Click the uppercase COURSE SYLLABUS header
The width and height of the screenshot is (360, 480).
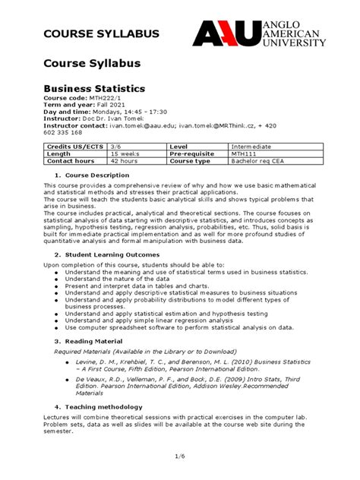(x=90, y=34)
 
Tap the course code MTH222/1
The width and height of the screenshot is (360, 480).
(x=110, y=103)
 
